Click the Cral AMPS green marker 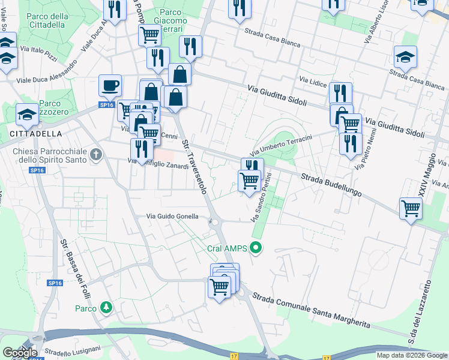(x=257, y=247)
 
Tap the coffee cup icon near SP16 (x=110, y=85)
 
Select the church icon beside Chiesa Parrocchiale (x=95, y=156)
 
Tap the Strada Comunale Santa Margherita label (x=311, y=310)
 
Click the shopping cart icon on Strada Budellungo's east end (x=411, y=209)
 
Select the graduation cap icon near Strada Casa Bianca (x=406, y=58)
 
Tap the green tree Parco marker (x=106, y=308)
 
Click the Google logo (x=20, y=352)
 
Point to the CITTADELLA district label (x=35, y=133)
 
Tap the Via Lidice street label (x=312, y=80)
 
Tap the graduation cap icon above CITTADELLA (x=27, y=113)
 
